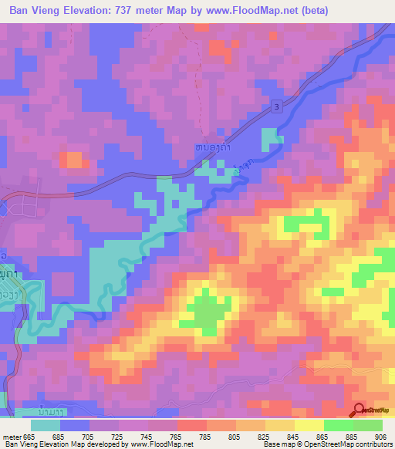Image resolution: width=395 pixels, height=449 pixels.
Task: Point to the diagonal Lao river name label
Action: [241, 167]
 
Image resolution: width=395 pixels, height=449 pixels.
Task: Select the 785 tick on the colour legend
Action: [205, 437]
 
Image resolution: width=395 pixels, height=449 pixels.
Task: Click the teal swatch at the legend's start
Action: [46, 425]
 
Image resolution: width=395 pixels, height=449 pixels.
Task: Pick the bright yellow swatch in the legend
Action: [309, 425]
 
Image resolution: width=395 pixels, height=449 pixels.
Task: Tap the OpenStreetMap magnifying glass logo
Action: [359, 411]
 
